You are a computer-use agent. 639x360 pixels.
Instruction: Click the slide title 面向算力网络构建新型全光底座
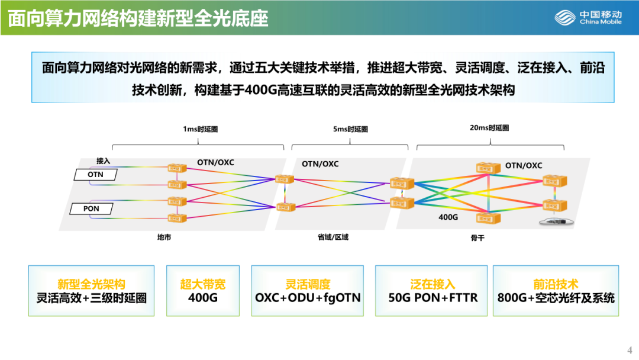pyautogui.click(x=138, y=18)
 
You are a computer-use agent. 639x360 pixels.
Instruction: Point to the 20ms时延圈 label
pyautogui.click(x=489, y=128)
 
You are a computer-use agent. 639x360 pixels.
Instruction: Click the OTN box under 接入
pyautogui.click(x=95, y=175)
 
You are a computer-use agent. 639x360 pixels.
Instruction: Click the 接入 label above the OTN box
pyautogui.click(x=104, y=161)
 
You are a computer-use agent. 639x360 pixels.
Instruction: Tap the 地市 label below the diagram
pyautogui.click(x=164, y=237)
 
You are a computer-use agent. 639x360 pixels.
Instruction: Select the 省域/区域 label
pyautogui.click(x=333, y=237)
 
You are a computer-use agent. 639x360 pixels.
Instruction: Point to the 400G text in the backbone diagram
pyautogui.click(x=448, y=217)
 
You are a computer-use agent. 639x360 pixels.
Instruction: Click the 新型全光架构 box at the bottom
pyautogui.click(x=91, y=291)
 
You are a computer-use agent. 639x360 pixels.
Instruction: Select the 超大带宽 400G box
pyautogui.click(x=202, y=291)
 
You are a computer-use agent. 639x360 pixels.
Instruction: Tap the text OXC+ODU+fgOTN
pyautogui.click(x=308, y=298)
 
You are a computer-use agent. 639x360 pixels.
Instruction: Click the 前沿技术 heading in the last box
pyautogui.click(x=556, y=284)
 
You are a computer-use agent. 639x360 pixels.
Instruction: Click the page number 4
pyautogui.click(x=630, y=349)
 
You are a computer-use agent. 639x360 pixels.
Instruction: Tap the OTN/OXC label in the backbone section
pyautogui.click(x=523, y=166)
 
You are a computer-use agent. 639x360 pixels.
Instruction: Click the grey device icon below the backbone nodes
pyautogui.click(x=555, y=221)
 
